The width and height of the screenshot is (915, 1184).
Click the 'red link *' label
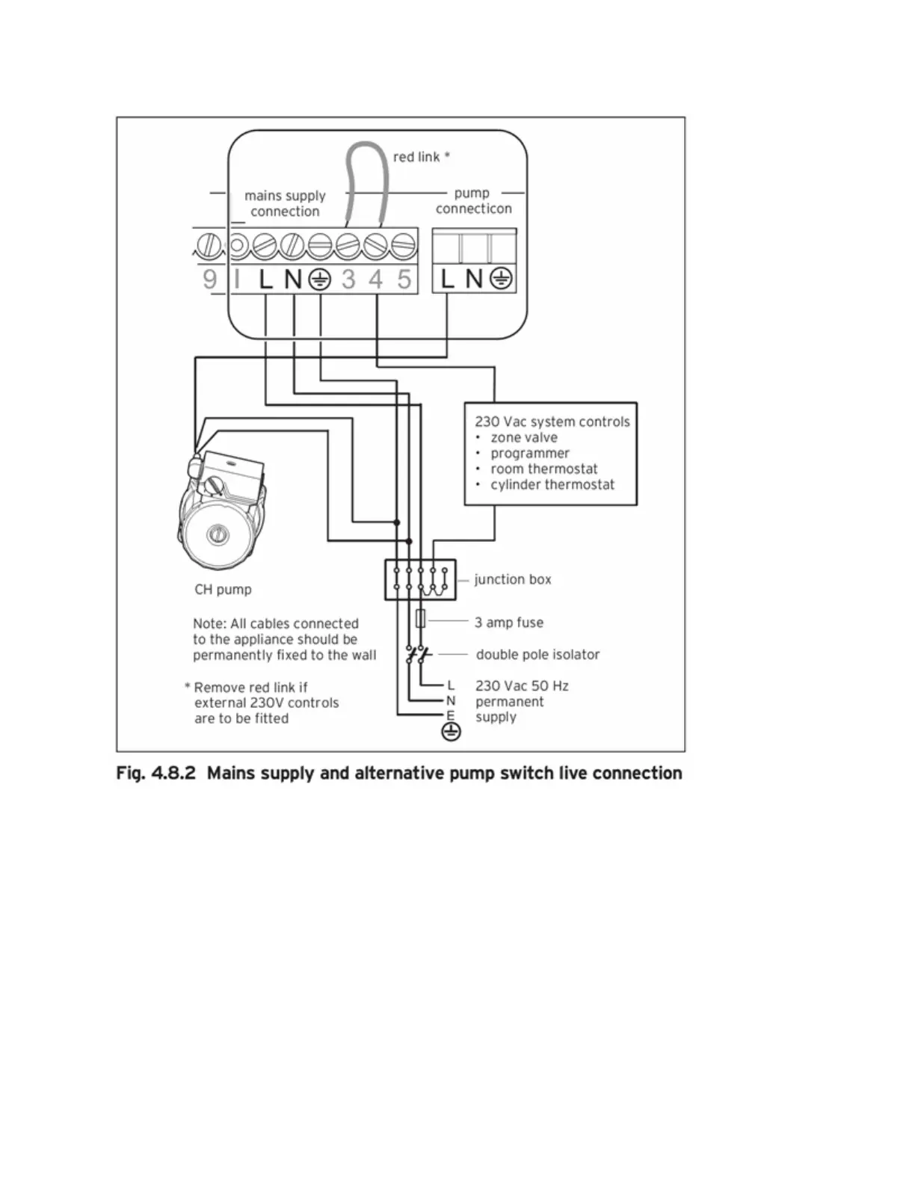(422, 157)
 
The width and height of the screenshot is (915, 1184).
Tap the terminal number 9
(210, 279)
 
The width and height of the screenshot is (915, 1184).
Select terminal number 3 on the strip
(348, 280)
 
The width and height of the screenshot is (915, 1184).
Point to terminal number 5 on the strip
(404, 280)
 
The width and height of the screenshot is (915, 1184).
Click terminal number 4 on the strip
(375, 280)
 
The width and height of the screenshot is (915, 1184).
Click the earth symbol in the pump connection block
(501, 279)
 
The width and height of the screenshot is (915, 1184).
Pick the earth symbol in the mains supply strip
(320, 280)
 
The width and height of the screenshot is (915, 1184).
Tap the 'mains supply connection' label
(285, 203)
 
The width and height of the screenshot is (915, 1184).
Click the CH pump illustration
(221, 508)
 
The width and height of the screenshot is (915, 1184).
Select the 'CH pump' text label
(223, 589)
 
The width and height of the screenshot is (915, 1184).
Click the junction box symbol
(420, 579)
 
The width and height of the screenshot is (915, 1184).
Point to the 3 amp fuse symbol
(420, 619)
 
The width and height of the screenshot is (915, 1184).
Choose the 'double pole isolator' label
(537, 655)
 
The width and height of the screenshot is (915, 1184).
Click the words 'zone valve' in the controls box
(523, 437)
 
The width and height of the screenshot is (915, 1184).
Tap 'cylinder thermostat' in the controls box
(552, 484)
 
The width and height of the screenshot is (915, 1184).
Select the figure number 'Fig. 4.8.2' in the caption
(155, 773)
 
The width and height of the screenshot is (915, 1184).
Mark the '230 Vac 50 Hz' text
(522, 685)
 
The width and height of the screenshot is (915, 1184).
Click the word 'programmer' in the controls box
(529, 453)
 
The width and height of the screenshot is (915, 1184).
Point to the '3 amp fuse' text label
(509, 623)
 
